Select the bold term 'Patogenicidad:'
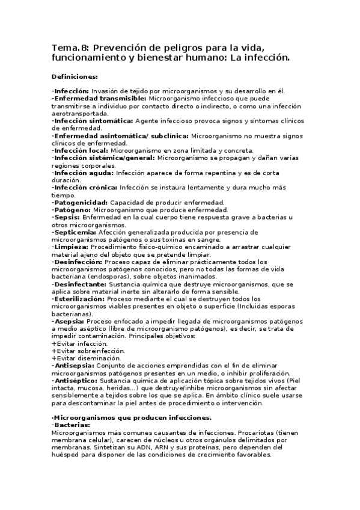[x=81, y=202]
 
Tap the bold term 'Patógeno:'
[x=71, y=210]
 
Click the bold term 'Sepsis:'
[x=67, y=217]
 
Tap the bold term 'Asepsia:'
[x=70, y=321]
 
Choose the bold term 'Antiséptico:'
[x=76, y=381]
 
